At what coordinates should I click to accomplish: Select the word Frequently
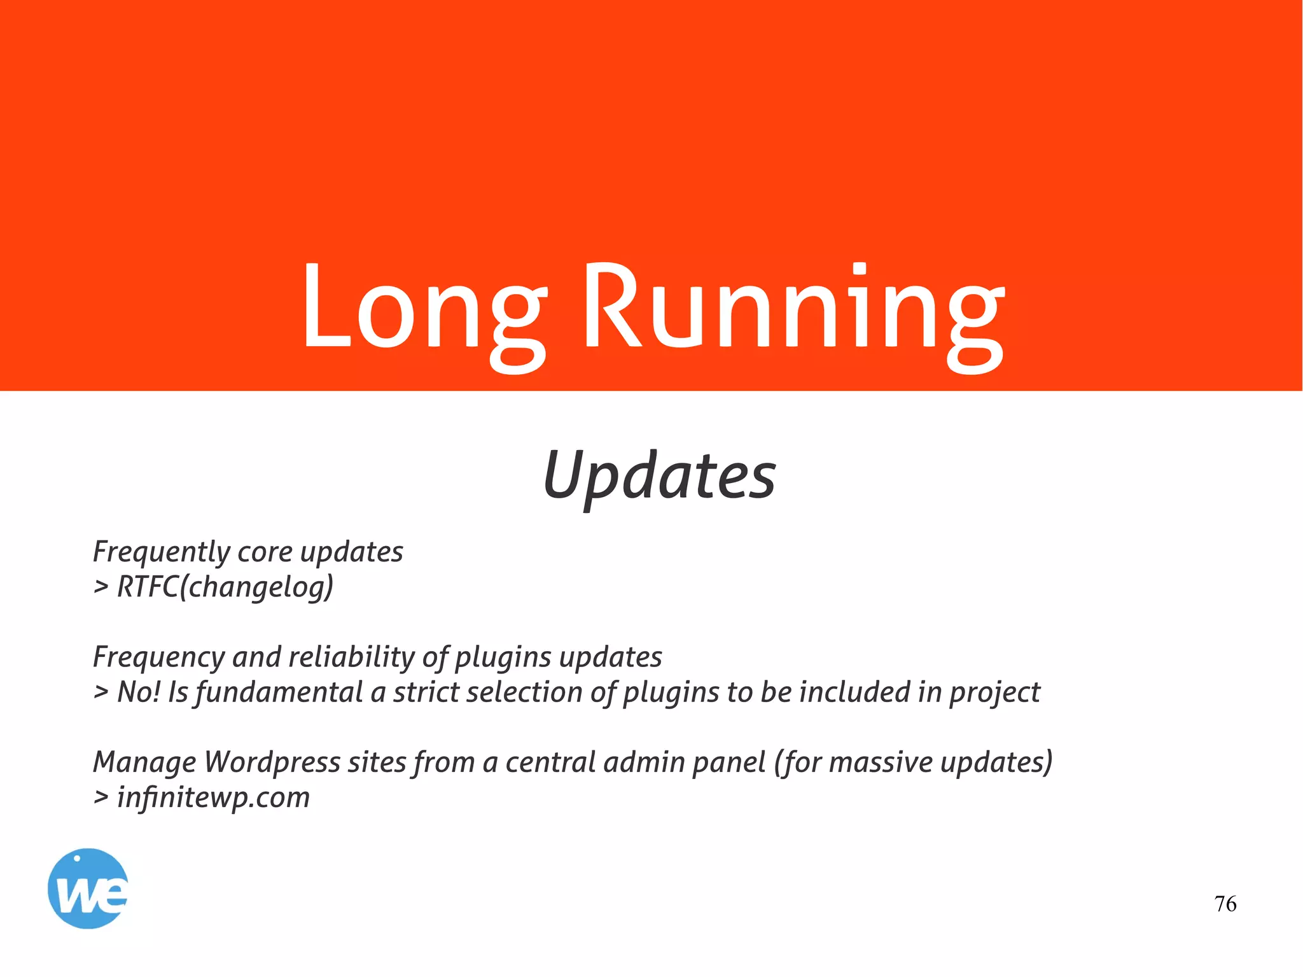(160, 552)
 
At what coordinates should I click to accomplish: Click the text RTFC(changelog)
(225, 587)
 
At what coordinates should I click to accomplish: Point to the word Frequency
(159, 657)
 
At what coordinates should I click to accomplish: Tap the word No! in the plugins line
(139, 692)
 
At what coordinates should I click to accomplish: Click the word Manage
(144, 763)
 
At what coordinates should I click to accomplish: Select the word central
(551, 762)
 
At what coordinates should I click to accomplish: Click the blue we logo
(88, 888)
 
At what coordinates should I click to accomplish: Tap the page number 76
(1225, 904)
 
